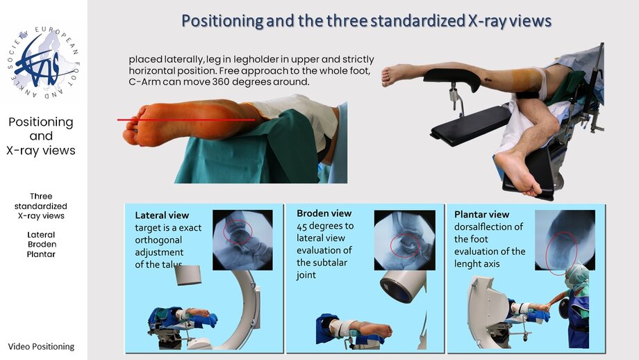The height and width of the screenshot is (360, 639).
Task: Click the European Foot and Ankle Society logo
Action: click(x=43, y=63)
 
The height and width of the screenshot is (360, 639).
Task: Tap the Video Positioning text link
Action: click(x=41, y=347)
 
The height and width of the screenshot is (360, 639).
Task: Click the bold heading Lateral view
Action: click(x=162, y=215)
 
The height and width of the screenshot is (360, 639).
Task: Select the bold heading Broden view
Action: click(x=324, y=213)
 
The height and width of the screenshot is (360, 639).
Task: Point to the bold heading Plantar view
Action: click(x=482, y=215)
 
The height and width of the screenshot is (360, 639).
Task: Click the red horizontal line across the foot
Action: click(x=186, y=120)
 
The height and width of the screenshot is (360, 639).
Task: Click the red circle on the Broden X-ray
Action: click(x=405, y=246)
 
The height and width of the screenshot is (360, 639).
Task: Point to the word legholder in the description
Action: click(x=244, y=60)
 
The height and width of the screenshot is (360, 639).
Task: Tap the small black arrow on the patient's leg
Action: click(x=487, y=80)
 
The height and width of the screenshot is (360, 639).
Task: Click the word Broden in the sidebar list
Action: click(x=42, y=244)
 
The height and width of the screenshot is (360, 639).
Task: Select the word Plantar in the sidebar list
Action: click(x=41, y=254)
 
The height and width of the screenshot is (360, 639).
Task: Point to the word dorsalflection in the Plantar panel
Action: click(x=488, y=227)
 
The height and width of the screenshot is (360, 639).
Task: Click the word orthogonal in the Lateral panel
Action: click(x=158, y=240)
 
